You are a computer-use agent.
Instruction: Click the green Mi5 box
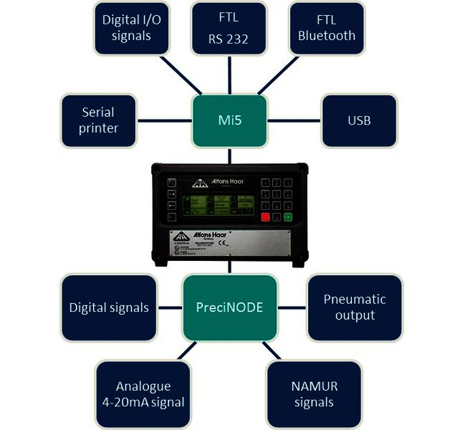pos(229,120)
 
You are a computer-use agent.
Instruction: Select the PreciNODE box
pos(229,307)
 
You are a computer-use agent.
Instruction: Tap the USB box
pos(358,120)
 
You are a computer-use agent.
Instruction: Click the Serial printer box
pos(98,120)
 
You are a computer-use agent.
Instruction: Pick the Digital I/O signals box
pos(131,27)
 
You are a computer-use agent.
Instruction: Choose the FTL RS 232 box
pos(229,27)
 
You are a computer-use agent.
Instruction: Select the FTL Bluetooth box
pos(327,27)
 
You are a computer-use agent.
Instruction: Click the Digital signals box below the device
pos(109,307)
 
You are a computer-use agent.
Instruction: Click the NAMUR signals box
pos(314,393)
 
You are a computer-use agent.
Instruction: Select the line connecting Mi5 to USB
pos(293,120)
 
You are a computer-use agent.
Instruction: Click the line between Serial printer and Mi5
pos(166,120)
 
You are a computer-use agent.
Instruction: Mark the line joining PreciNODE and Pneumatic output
pos(292,307)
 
